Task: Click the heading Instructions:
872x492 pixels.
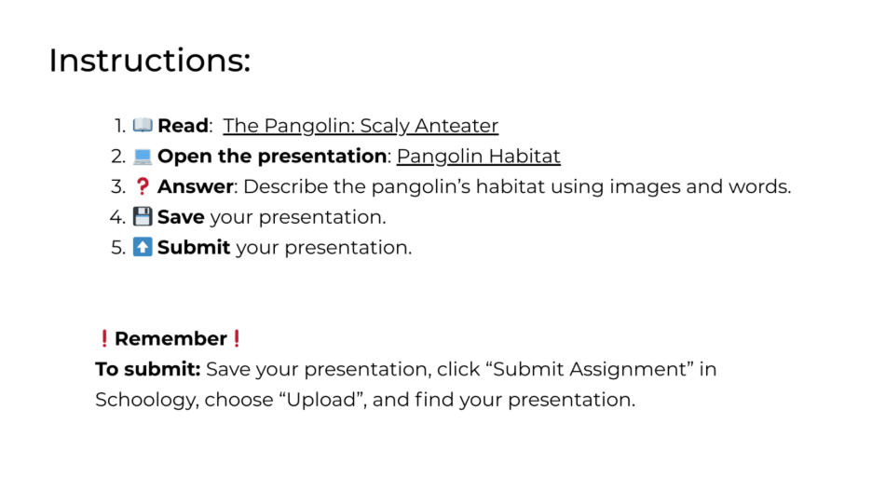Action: pyautogui.click(x=150, y=60)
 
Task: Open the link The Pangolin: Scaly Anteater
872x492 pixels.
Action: pyautogui.click(x=361, y=126)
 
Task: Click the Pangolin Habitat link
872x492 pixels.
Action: pyautogui.click(x=478, y=157)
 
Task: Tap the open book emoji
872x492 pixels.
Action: pyautogui.click(x=143, y=125)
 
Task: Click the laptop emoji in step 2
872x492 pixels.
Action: pyautogui.click(x=143, y=157)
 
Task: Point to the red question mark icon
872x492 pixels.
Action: pyautogui.click(x=143, y=186)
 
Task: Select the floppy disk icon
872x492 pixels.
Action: pyautogui.click(x=143, y=217)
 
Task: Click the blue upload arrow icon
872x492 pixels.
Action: pyautogui.click(x=143, y=247)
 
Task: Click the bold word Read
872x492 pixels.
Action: pyautogui.click(x=183, y=126)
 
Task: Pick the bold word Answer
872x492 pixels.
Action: pyautogui.click(x=196, y=186)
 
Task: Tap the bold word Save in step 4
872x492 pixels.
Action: pyautogui.click(x=181, y=217)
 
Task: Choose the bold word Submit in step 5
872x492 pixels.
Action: pyautogui.click(x=194, y=247)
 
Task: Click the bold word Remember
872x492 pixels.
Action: pyautogui.click(x=170, y=338)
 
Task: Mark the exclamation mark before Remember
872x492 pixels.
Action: pyautogui.click(x=104, y=338)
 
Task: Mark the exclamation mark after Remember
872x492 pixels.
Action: pyautogui.click(x=237, y=338)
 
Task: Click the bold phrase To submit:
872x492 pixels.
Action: pyautogui.click(x=148, y=369)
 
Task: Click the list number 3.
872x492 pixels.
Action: pyautogui.click(x=118, y=186)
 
